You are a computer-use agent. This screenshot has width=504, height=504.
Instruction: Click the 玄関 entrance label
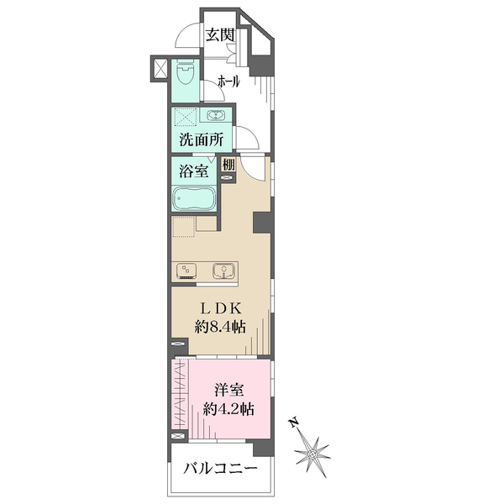pyautogui.click(x=220, y=34)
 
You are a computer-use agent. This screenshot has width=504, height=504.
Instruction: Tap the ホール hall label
pyautogui.click(x=228, y=81)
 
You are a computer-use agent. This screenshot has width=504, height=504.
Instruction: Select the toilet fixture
pyautogui.click(x=186, y=72)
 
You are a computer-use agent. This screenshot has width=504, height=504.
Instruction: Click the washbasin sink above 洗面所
pyautogui.click(x=216, y=115)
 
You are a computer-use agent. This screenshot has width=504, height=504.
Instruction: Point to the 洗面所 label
pyautogui.click(x=202, y=139)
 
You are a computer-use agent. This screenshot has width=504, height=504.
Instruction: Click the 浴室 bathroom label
pyautogui.click(x=193, y=171)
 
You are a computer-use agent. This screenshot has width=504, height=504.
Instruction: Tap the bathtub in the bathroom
pyautogui.click(x=194, y=198)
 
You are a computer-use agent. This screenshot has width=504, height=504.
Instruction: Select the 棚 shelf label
pyautogui.click(x=228, y=165)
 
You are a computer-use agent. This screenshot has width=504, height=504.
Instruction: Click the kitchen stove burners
pyautogui.click(x=186, y=271)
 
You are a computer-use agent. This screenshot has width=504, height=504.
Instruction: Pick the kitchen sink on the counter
pyautogui.click(x=223, y=271)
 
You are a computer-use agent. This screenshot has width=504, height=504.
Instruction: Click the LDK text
pyautogui.click(x=221, y=308)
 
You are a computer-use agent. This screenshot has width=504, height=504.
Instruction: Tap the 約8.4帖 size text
pyautogui.click(x=220, y=327)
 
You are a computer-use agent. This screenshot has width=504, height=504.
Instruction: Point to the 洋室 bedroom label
pyautogui.click(x=228, y=390)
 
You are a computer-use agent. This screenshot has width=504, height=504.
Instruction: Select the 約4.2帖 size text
pyautogui.click(x=228, y=409)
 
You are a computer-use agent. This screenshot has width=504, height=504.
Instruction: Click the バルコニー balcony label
pyautogui.click(x=220, y=469)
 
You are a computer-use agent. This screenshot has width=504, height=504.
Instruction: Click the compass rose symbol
pyautogui.click(x=312, y=454)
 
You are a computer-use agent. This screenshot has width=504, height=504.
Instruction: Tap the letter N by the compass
pyautogui.click(x=293, y=423)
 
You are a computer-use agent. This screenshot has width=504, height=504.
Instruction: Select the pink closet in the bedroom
pyautogui.click(x=180, y=394)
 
